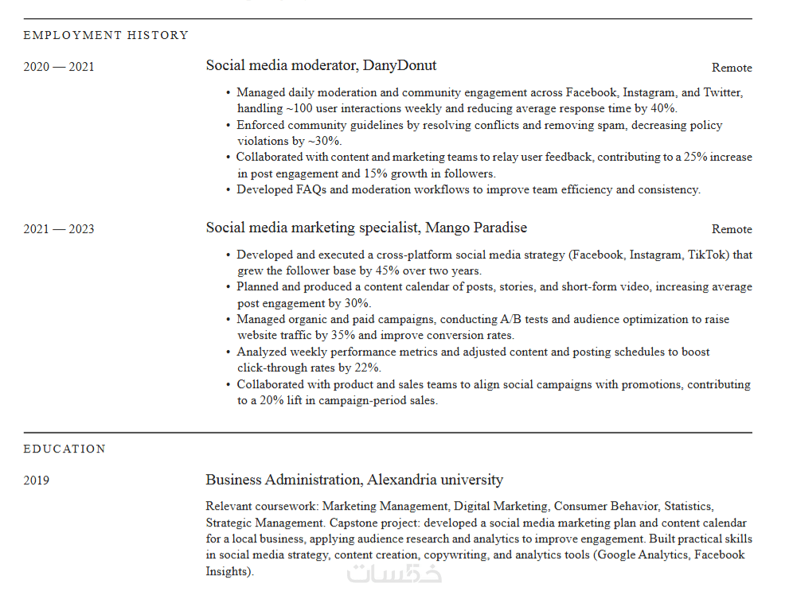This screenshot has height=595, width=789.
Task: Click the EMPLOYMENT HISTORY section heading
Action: point(106,35)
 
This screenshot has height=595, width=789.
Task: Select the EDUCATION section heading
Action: point(64,449)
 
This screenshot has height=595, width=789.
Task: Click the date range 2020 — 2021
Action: point(59,67)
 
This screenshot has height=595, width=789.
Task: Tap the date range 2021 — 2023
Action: point(59,229)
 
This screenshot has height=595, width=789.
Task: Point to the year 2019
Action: point(36,480)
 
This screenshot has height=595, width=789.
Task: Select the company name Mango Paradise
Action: point(476,227)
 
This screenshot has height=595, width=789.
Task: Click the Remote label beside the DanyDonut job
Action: point(732,68)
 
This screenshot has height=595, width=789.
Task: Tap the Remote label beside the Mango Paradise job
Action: point(732,229)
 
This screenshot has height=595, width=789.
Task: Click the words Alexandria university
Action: point(436,480)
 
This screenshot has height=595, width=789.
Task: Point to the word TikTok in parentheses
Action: point(707,255)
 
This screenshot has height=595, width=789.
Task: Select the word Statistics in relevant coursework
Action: point(688,506)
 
